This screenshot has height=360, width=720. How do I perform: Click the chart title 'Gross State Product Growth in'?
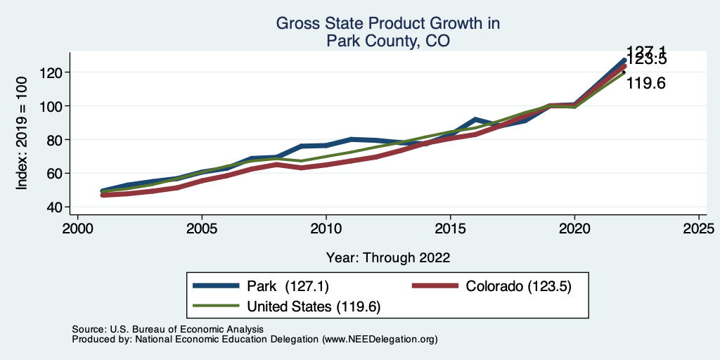[x=387, y=24]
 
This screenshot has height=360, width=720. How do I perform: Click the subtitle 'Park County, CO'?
[x=387, y=41]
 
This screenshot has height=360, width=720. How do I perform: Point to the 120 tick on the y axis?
[x=53, y=72]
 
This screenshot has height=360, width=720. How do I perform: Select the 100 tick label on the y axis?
[x=53, y=106]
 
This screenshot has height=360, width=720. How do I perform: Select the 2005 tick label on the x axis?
[x=202, y=229]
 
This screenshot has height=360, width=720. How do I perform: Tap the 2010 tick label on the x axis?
[x=326, y=229]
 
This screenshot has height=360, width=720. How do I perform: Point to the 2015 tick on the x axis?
[x=450, y=229]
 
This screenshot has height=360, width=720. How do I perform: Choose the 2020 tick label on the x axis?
[x=574, y=229]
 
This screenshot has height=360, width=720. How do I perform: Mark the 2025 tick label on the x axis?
[x=699, y=229]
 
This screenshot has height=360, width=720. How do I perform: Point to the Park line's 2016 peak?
[x=475, y=119]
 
